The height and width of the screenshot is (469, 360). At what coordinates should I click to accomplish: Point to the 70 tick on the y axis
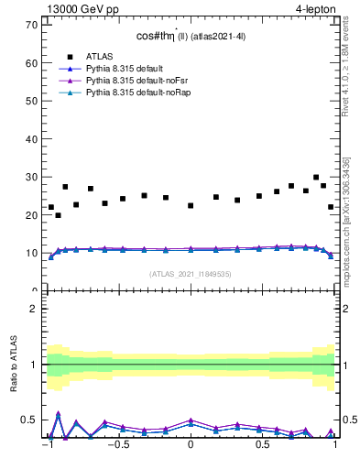32,25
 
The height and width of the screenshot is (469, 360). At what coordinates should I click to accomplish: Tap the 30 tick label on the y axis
32,177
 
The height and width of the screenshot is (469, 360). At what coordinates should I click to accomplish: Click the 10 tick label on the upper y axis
32,253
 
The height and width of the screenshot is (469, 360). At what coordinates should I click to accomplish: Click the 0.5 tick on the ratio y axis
31,420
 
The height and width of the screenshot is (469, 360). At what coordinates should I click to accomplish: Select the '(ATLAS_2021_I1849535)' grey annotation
190,273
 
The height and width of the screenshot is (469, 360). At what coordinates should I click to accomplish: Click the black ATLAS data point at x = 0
191,205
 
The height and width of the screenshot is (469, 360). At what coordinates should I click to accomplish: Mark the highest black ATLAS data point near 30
316,178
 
